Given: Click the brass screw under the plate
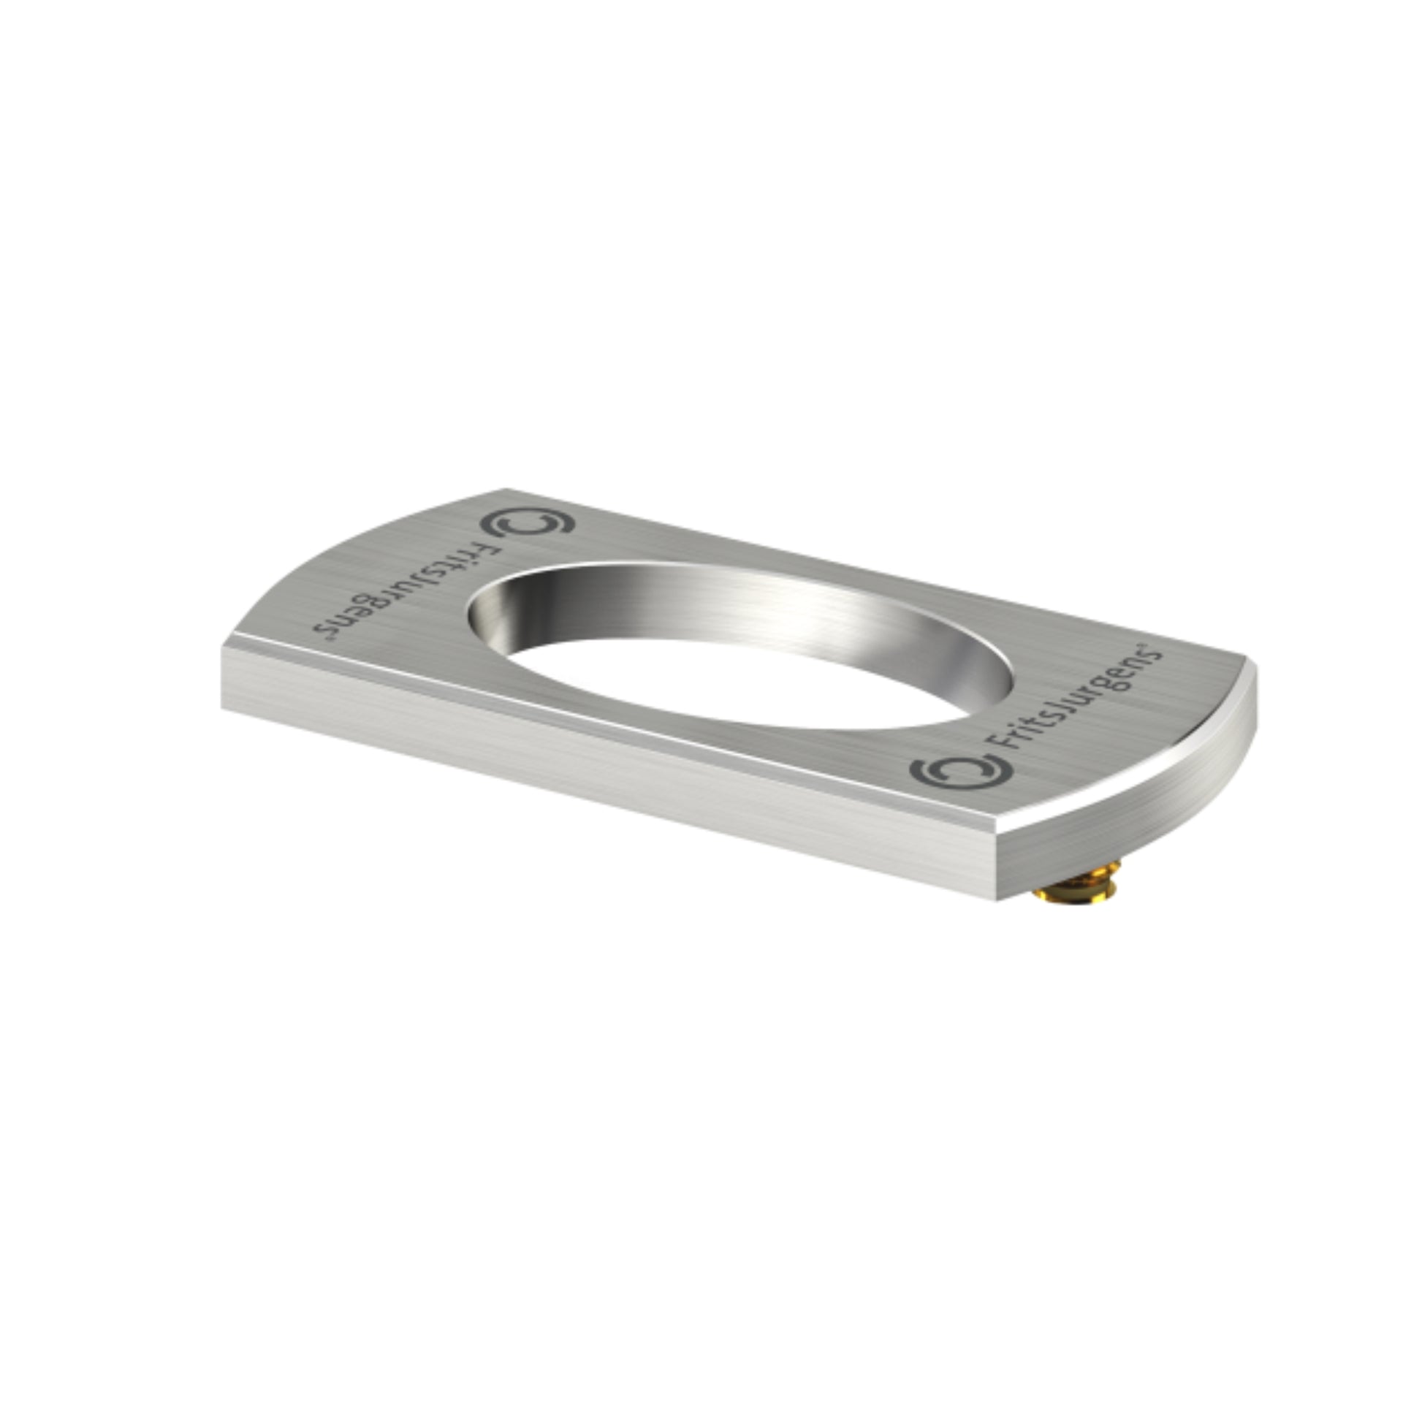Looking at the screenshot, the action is pos(1077,886).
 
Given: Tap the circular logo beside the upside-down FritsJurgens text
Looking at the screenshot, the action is pos(527,522).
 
